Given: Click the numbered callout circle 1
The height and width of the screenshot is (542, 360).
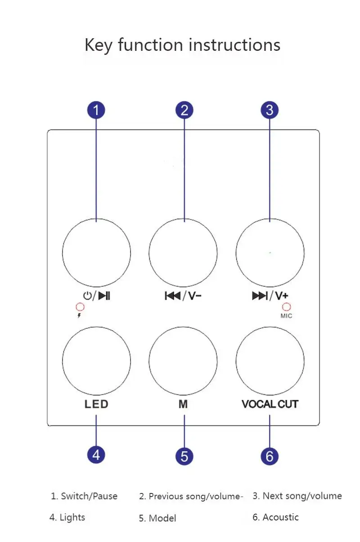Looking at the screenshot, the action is coord(96,110).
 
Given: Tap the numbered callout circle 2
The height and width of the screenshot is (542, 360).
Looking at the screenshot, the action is coord(184,110).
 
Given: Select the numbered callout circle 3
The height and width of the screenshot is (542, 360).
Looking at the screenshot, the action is coord(270,110).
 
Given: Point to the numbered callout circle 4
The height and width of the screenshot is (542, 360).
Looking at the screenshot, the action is coord(96,455).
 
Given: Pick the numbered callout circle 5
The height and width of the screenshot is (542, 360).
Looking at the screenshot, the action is coord(184,456).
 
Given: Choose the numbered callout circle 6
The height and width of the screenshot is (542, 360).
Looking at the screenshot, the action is coord(270,456).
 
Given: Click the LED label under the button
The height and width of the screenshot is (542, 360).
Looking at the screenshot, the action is coord(96,404).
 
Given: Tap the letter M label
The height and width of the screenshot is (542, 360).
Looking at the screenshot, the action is coord(183,404).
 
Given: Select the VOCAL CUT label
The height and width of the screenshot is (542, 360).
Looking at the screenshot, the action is coord(270,404).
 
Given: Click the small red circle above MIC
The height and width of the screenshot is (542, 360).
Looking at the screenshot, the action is coord(286,307).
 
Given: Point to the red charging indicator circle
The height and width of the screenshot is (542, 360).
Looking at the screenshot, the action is coord(80,307).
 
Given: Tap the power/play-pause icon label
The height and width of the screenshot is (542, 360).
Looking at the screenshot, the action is coord(96,296).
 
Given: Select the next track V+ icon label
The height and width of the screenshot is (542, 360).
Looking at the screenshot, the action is coord(270,296).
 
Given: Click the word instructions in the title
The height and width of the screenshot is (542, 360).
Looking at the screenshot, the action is coord(234,45).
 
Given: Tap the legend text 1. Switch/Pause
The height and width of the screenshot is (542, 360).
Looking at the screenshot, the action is coord(84,496).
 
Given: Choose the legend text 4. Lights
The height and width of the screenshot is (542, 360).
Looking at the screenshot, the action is coord(67,517).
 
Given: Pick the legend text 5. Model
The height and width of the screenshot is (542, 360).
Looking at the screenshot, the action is coord(157,518).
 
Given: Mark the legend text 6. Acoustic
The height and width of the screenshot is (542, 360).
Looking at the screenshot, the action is coord(275,517).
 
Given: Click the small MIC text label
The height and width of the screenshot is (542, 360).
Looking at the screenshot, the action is coord(286,316).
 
